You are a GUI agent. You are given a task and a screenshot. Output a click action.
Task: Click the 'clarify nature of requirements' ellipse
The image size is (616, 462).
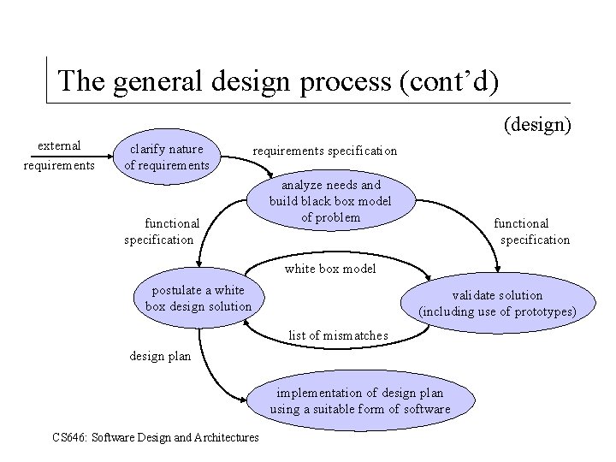pyautogui.click(x=167, y=157)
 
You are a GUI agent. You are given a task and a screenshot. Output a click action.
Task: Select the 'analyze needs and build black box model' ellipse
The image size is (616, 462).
pyautogui.click(x=330, y=201)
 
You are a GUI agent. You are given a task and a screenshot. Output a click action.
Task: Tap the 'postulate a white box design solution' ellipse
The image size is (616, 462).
pyautogui.click(x=198, y=299)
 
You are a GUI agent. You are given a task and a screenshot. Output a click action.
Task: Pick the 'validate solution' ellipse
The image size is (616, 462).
pyautogui.click(x=497, y=303)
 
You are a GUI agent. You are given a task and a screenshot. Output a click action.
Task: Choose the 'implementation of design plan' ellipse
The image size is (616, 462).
pyautogui.click(x=359, y=400)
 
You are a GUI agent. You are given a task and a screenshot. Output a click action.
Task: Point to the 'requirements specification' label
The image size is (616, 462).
pyautogui.click(x=323, y=151)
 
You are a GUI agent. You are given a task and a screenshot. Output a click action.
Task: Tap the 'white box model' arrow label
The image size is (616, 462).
pyautogui.click(x=330, y=268)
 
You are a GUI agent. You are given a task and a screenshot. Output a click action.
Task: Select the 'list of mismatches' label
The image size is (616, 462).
pyautogui.click(x=338, y=335)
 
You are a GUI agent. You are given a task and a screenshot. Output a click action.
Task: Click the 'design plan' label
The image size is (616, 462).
pyautogui.click(x=160, y=356)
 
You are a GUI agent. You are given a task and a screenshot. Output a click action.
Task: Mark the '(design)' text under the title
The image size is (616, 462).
pyautogui.click(x=537, y=125)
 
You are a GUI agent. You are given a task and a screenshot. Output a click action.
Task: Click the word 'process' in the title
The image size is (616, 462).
pyautogui.click(x=345, y=81)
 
